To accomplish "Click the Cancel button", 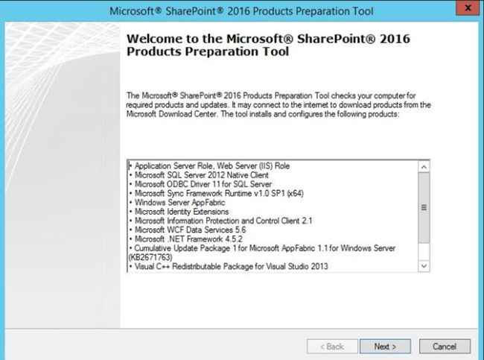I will coord(445,346).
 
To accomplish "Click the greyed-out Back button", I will coord(331,346).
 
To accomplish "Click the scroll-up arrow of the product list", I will coord(424,167).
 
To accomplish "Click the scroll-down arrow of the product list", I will coord(424,265).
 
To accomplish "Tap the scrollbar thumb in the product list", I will coord(424,208).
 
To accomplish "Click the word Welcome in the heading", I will coord(158,39).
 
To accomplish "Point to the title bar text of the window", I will coord(241,11).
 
